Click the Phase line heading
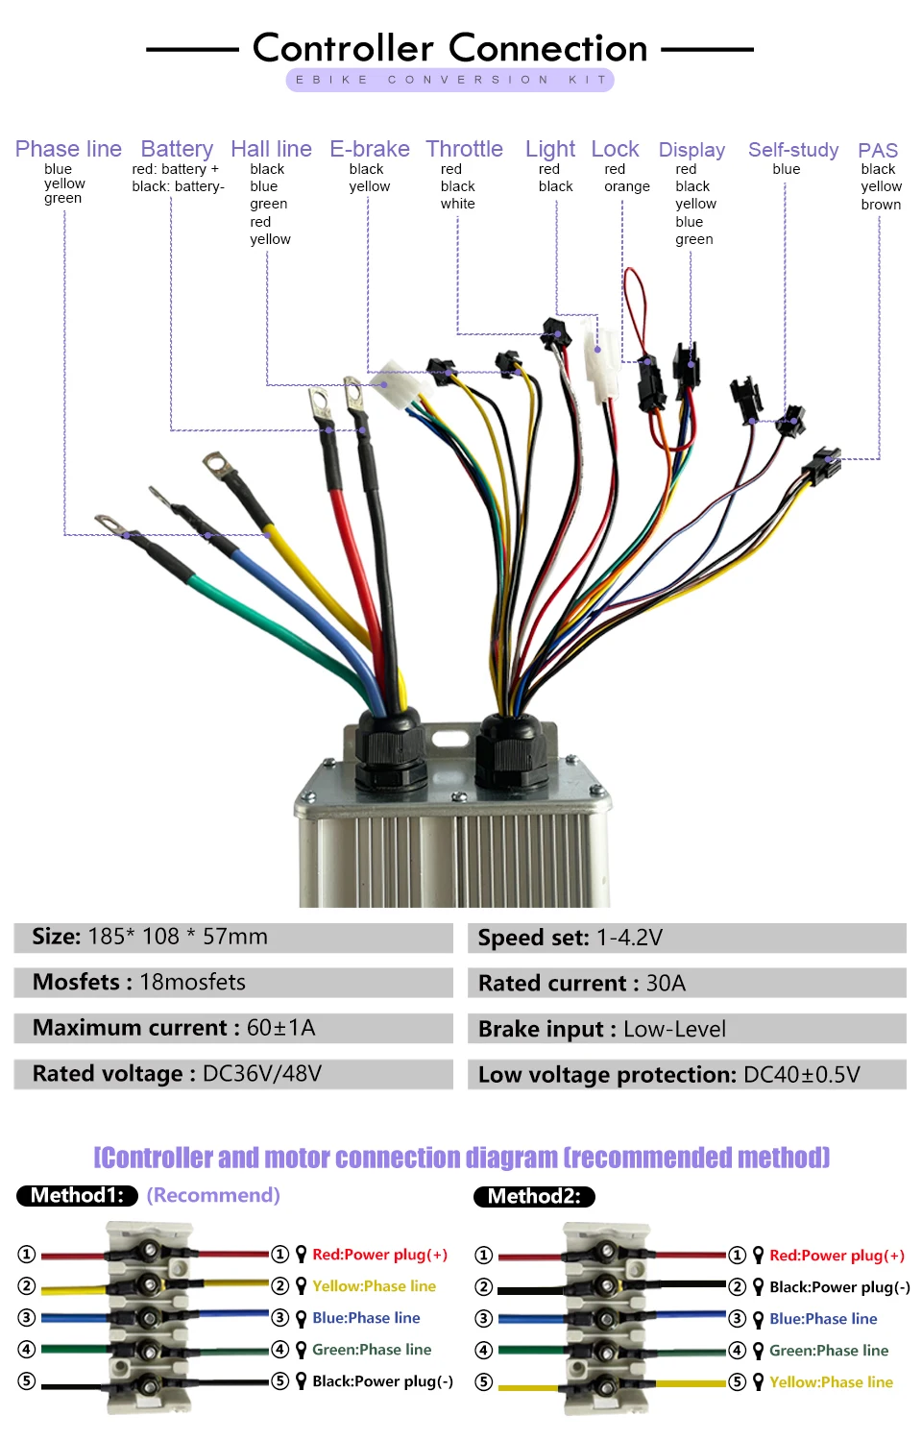(68, 149)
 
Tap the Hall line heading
(271, 149)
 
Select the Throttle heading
(464, 149)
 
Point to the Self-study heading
(792, 150)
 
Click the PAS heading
(877, 151)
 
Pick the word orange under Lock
(626, 186)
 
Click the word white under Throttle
(457, 204)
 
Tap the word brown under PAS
(881, 205)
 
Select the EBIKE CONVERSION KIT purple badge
(449, 80)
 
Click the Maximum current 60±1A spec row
(232, 1028)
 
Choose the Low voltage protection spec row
(686, 1074)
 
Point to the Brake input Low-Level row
(686, 1029)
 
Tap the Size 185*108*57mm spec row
(232, 937)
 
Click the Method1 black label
(77, 1195)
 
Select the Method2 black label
(534, 1196)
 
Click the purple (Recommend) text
(213, 1195)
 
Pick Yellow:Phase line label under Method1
(374, 1286)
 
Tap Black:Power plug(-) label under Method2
(839, 1287)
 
